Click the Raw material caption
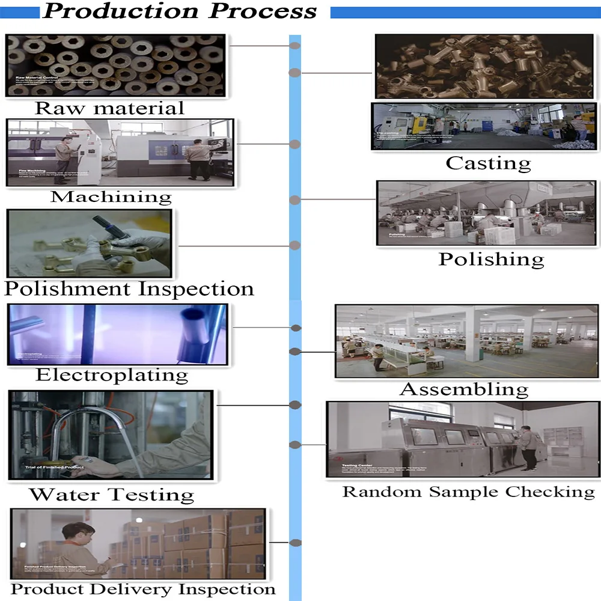coord(109,108)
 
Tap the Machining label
coord(111,197)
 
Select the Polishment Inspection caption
coord(129,288)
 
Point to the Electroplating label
coord(112,375)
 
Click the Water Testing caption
coord(112,495)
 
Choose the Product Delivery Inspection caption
coord(143,588)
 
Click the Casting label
coord(488,163)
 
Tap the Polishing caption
coord(491,259)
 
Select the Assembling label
coord(464,389)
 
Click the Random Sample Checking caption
coord(468,492)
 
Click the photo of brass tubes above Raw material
coord(117,65)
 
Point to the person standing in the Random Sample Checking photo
coord(528,448)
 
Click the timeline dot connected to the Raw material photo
coord(295,45)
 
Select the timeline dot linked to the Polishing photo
coord(295,200)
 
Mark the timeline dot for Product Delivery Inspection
coord(295,543)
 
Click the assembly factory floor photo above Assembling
coord(466,341)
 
